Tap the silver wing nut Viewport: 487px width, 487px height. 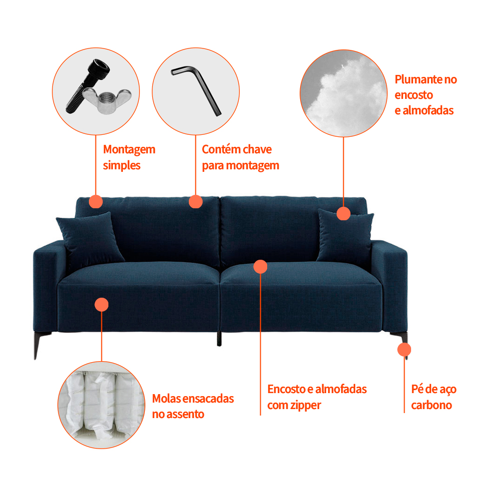107,100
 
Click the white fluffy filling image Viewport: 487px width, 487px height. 344,93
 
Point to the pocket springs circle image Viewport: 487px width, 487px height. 101,405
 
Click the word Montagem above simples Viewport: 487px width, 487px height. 129,150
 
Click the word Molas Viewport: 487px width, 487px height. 167,399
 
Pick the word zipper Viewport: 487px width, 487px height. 306,406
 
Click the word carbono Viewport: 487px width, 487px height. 432,405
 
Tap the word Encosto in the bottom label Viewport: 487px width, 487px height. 286,389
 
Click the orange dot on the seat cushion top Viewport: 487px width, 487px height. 260,267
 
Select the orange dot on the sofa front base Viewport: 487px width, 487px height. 101,305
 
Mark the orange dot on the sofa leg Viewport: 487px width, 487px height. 405,350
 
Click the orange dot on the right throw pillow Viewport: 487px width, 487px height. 344,214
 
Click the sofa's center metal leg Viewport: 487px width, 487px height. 219,339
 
